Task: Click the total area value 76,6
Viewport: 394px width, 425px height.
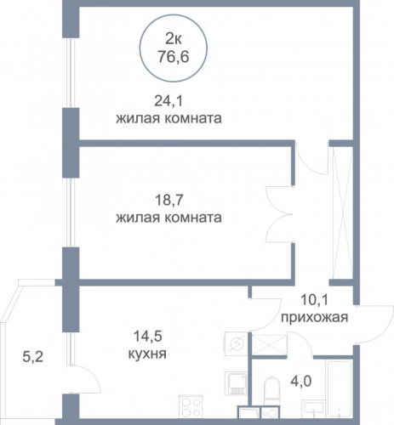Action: tap(174, 57)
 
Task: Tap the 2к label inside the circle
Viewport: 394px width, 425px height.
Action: tap(174, 39)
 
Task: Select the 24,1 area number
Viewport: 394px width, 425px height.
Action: tap(168, 101)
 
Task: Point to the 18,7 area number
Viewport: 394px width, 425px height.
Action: tap(169, 201)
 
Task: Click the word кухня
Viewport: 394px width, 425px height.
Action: tap(147, 354)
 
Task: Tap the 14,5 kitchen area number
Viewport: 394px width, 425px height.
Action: tap(147, 337)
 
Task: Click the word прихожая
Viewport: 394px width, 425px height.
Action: tap(314, 318)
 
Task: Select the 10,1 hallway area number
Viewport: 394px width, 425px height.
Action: tap(314, 300)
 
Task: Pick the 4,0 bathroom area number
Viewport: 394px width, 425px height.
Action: tap(300, 381)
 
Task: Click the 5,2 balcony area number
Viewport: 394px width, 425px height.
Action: tap(32, 357)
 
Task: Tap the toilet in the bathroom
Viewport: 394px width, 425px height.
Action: tap(271, 392)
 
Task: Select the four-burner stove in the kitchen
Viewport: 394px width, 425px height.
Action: tap(191, 406)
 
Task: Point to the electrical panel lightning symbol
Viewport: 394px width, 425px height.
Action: tap(236, 343)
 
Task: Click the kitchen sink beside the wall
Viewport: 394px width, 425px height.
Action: tap(236, 383)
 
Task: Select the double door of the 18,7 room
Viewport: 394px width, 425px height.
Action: tap(279, 214)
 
